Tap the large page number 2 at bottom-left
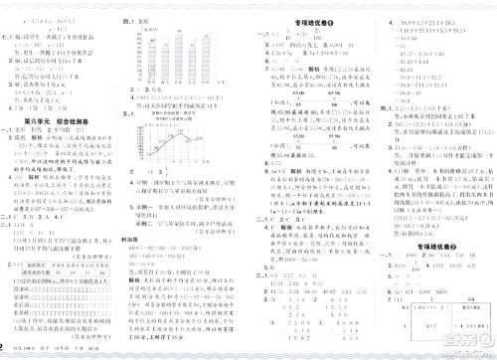click(x=5, y=346)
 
